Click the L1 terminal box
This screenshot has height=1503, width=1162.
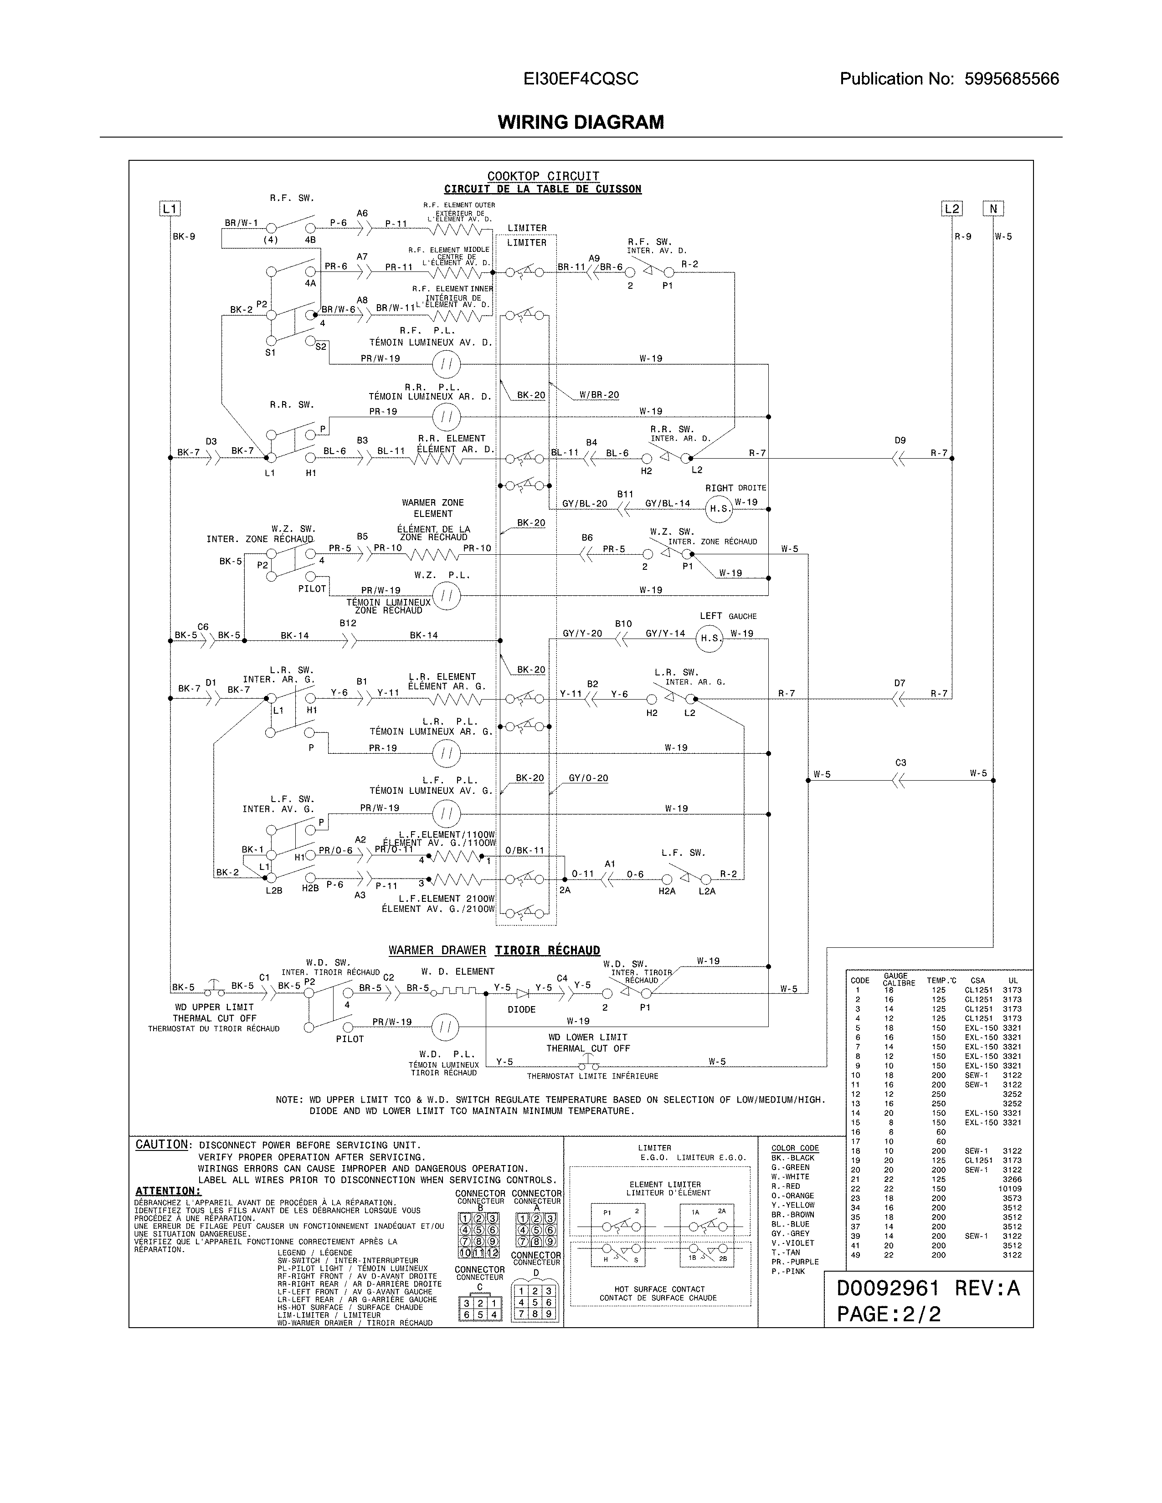click(x=170, y=209)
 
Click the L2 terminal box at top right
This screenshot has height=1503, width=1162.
click(x=951, y=209)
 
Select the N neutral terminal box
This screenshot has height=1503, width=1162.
click(x=993, y=209)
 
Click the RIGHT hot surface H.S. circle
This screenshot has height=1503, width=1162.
click(x=720, y=509)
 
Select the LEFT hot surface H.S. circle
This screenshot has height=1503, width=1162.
click(x=710, y=638)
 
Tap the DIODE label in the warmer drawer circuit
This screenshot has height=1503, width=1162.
click(x=521, y=1010)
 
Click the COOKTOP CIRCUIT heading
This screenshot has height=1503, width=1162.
click(x=543, y=176)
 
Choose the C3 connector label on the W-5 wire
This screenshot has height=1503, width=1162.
click(x=900, y=762)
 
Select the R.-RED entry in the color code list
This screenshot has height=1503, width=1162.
click(x=786, y=1186)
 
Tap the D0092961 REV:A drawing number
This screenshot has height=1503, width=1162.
click(x=927, y=1288)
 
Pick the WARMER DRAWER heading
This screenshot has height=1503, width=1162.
click(x=437, y=951)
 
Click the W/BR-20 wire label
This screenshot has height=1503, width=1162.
click(x=599, y=395)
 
